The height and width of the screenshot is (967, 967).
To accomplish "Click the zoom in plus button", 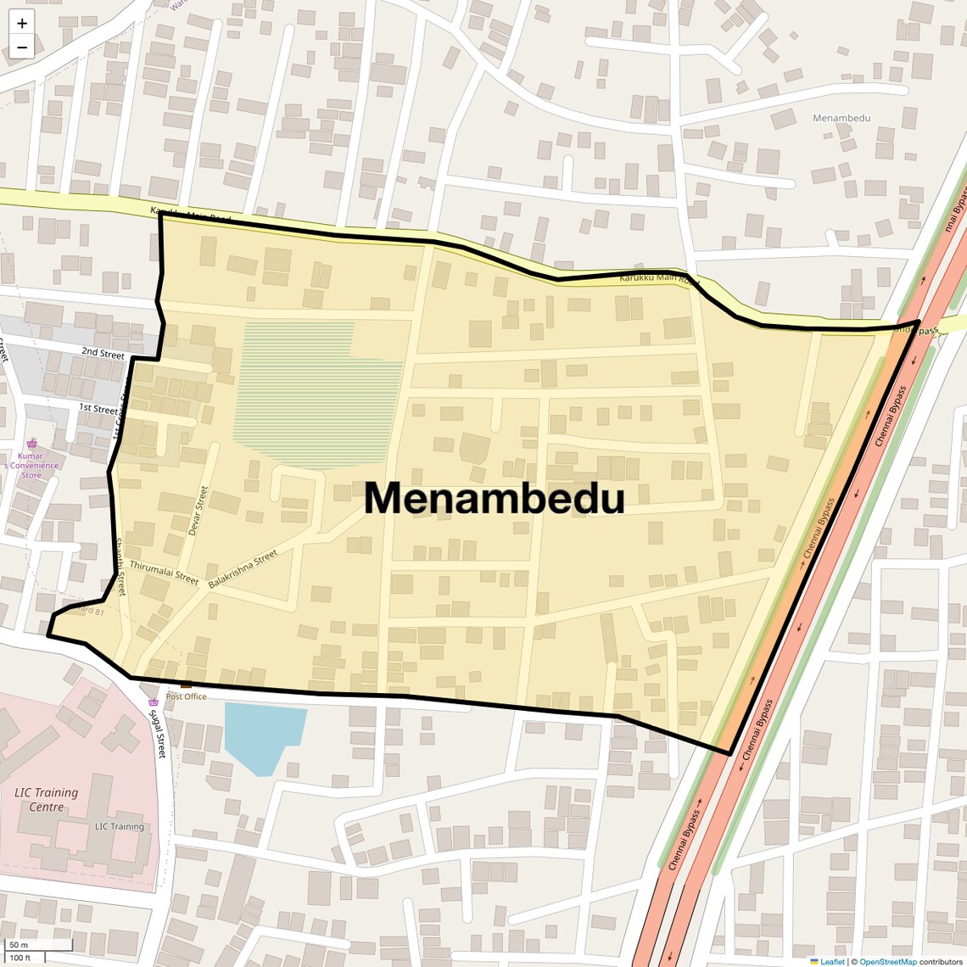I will tap(22, 24).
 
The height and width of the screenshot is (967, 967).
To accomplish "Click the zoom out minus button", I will tap(22, 48).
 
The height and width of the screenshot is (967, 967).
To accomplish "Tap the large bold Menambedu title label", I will tap(495, 499).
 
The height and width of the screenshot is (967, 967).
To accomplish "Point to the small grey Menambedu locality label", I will tap(841, 118).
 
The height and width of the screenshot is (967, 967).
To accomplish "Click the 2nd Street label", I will tap(103, 353).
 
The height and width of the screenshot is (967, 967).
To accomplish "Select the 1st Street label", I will tap(98, 409).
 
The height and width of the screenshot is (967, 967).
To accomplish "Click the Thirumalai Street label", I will tap(164, 573).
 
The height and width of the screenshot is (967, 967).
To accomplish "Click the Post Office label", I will tap(186, 696).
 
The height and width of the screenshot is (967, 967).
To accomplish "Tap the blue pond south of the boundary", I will tap(264, 735).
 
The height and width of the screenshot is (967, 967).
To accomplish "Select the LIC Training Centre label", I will tap(47, 799).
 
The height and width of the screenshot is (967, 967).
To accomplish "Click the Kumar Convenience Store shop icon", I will tap(32, 444).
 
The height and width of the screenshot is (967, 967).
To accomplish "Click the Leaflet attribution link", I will tap(831, 961).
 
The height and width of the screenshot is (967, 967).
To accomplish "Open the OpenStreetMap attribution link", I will tap(887, 961).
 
